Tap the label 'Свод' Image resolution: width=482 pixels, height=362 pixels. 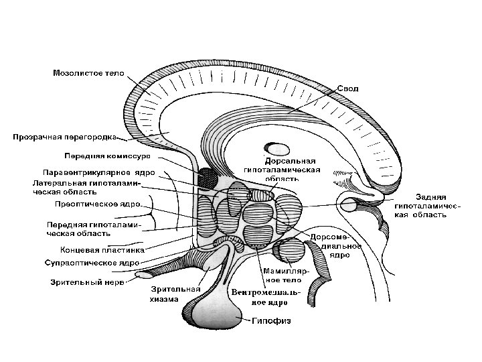(x=347, y=88)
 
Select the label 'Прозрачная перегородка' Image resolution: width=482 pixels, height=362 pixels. (x=64, y=137)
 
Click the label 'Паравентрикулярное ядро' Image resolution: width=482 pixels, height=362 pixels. (x=98, y=173)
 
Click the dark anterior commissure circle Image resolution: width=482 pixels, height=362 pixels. (x=208, y=178)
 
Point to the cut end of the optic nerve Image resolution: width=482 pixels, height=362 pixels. (x=143, y=274)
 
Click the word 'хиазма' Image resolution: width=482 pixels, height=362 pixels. (x=164, y=299)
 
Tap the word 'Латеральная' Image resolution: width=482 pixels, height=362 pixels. (x=56, y=182)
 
